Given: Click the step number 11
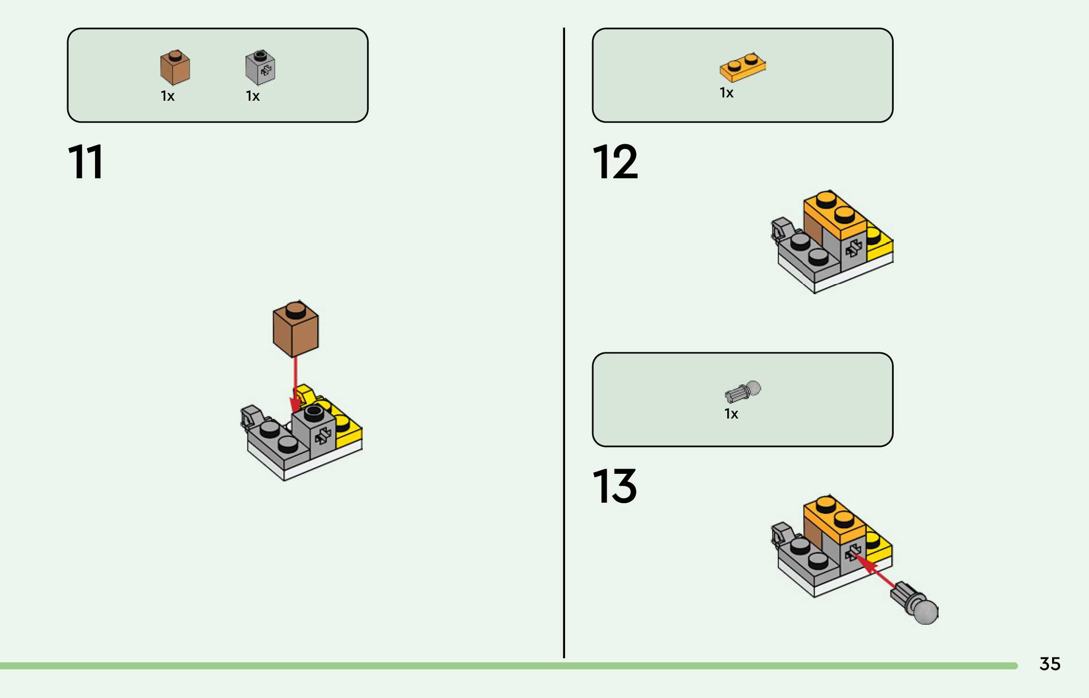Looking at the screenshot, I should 86,162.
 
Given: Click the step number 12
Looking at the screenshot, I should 615,162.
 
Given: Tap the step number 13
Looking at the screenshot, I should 614,486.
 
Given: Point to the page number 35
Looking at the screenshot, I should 1050,664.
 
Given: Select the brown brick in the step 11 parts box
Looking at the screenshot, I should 175,68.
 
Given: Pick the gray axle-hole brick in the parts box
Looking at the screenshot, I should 260,68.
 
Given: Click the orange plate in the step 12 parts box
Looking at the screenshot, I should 742,68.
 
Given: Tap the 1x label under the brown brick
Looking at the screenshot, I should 167,96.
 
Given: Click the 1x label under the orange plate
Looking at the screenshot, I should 726,93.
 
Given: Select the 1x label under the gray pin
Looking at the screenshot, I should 731,414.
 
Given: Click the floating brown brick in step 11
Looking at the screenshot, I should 296,329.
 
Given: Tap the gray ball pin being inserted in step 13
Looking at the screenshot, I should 915,603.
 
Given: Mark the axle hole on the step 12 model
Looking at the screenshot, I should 854,248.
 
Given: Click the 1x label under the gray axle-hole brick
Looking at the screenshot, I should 253,96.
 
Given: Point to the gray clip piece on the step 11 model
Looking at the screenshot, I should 252,416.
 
